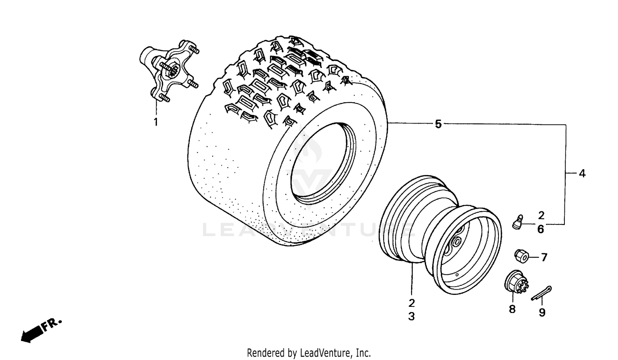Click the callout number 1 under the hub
tap(156, 122)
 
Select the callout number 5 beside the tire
tap(438, 124)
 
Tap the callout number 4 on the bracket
tap(582, 174)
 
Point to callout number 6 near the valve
tap(541, 229)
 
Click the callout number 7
tap(544, 257)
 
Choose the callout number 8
tap(512, 309)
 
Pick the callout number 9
tap(542, 313)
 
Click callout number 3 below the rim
tap(412, 316)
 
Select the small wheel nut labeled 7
tap(522, 256)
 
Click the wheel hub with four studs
tap(169, 72)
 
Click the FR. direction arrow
tap(33, 333)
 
